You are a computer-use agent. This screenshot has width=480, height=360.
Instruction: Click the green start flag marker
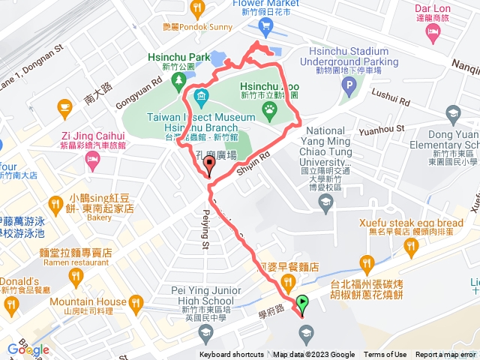point(302,303)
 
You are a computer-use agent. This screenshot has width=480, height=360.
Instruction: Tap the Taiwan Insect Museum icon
point(202,97)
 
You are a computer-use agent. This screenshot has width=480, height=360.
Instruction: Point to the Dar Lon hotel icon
point(433,32)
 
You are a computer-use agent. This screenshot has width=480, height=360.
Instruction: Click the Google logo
point(28,349)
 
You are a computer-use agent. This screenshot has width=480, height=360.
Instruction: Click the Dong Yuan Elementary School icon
point(452,115)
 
